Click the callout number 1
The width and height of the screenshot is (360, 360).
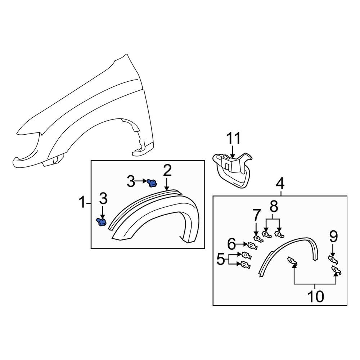click(82, 203)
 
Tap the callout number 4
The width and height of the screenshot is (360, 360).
click(280, 184)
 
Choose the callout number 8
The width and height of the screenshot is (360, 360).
click(274, 207)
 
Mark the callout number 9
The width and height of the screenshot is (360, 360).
click(333, 237)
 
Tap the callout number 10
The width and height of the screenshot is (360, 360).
click(315, 296)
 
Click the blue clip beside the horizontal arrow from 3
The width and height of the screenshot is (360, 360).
click(152, 183)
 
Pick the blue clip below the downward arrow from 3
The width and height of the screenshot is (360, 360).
click(102, 222)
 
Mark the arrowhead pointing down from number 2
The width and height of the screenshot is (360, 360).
click(167, 188)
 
